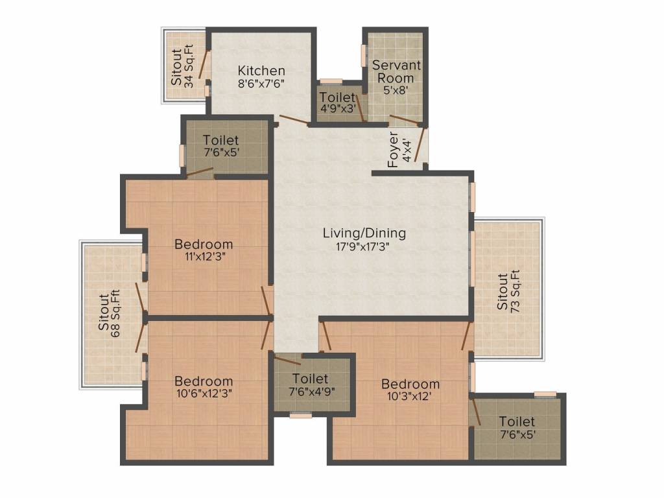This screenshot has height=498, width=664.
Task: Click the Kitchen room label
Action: pos(261,70)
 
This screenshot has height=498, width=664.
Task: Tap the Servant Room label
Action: pos(396,71)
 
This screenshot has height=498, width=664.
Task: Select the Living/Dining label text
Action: pos(364,233)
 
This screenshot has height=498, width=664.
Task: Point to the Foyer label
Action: pos(394,150)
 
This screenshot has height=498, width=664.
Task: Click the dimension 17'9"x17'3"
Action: pos(362,246)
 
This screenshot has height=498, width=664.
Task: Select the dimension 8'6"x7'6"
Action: pos(261,83)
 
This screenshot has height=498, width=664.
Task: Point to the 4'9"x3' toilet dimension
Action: pos(337,108)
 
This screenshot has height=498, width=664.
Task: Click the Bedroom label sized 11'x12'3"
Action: pos(204,244)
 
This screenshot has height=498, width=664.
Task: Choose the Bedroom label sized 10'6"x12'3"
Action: pos(204,381)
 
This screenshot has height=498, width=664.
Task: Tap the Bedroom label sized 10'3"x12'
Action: pos(410,384)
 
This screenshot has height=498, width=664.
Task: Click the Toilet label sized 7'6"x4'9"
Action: pos(311,378)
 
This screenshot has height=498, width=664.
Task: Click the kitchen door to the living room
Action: pos(294,120)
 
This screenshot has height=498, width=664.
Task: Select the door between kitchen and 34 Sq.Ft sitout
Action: pos(204,65)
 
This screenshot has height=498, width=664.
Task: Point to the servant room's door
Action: pos(405,120)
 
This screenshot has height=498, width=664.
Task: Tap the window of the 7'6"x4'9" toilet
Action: pos(301,416)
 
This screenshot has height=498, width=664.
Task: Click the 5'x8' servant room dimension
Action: pos(396,89)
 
